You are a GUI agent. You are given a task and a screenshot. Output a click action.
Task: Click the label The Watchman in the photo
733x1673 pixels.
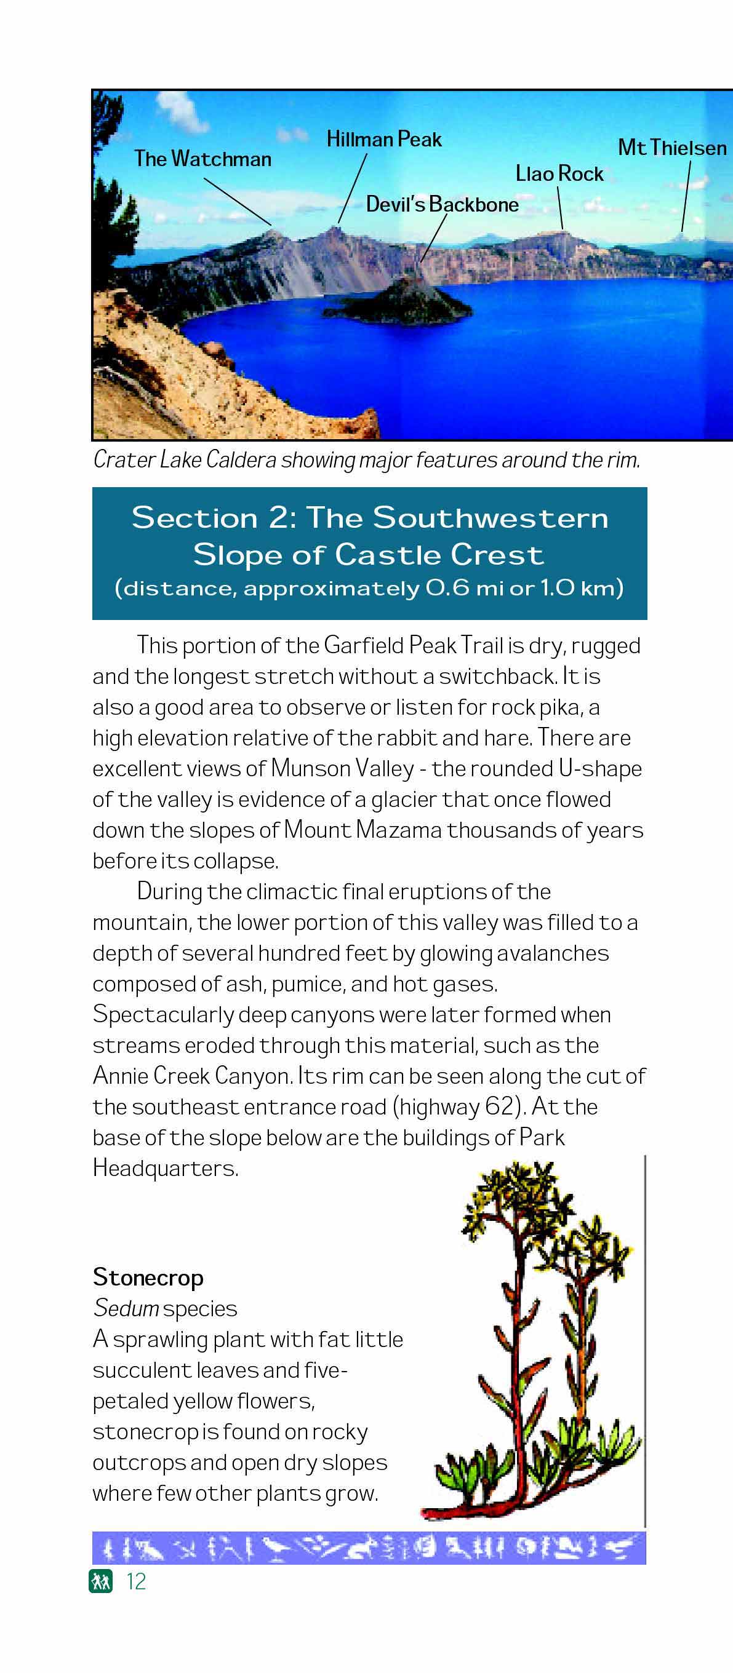click(202, 159)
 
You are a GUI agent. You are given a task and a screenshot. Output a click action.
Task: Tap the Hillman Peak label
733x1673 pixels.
click(383, 140)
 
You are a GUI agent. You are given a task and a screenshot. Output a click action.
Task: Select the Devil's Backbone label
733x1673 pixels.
click(442, 205)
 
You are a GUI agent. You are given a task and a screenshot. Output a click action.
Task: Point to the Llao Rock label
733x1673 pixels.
click(559, 174)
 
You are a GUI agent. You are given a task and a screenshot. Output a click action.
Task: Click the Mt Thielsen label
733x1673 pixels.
click(672, 148)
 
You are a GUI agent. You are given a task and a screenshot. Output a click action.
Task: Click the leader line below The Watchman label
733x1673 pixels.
click(237, 202)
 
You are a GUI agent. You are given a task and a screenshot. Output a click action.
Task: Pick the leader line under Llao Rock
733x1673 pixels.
click(560, 208)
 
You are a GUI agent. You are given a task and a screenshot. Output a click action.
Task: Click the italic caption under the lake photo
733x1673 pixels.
click(367, 460)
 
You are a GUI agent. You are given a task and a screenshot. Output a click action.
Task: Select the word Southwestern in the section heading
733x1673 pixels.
click(490, 519)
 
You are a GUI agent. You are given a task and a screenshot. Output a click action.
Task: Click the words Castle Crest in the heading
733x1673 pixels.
click(439, 555)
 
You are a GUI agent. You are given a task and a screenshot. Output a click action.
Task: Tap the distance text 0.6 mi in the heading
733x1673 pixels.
click(465, 589)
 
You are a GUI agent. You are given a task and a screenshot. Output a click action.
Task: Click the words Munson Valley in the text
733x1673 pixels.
click(342, 769)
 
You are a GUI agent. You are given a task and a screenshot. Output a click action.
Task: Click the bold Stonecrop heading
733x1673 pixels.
click(148, 1278)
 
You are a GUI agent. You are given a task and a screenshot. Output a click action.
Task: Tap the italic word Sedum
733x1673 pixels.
click(126, 1308)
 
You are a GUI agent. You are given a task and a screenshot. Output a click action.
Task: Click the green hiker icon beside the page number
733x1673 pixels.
click(101, 1581)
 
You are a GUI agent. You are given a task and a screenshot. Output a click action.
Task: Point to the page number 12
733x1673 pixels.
click(136, 1581)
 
